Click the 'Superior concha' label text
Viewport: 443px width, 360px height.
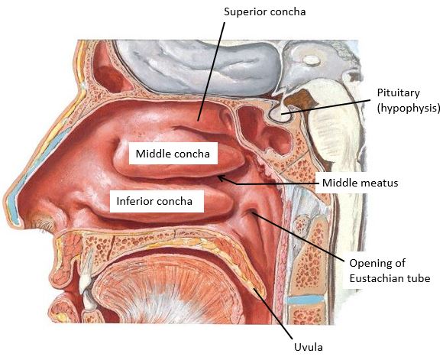[265, 12]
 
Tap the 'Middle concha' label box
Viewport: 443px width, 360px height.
[173, 154]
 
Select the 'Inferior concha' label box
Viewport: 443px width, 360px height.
[157, 201]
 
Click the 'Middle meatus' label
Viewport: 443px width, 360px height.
[360, 183]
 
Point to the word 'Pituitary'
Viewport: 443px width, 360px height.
[399, 93]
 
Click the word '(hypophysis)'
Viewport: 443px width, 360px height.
[409, 108]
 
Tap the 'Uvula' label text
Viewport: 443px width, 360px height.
[309, 347]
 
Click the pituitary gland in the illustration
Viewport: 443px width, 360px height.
[280, 114]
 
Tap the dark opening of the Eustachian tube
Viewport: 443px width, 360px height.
[252, 212]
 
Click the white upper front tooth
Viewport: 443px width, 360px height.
[86, 276]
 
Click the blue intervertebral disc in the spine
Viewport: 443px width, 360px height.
[305, 300]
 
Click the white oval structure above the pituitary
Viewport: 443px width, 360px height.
[311, 60]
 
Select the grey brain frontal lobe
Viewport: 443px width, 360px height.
[198, 66]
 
